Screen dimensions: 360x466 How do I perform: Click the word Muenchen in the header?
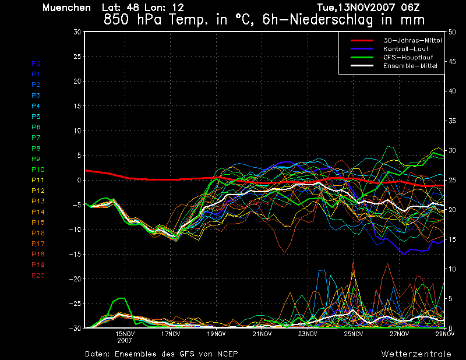[x=67, y=8]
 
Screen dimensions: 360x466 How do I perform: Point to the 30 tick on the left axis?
[x=77, y=32]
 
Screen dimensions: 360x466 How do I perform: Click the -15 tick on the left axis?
[x=75, y=255]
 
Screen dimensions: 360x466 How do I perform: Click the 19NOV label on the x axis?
[x=217, y=334]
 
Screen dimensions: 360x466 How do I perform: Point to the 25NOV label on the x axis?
[x=354, y=334]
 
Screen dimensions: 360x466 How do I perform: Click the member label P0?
[x=36, y=63]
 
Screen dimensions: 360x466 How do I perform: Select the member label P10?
[x=37, y=170]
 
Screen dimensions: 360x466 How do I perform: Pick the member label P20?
[x=37, y=276]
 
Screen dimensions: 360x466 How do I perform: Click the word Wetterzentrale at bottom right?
[x=416, y=354]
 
